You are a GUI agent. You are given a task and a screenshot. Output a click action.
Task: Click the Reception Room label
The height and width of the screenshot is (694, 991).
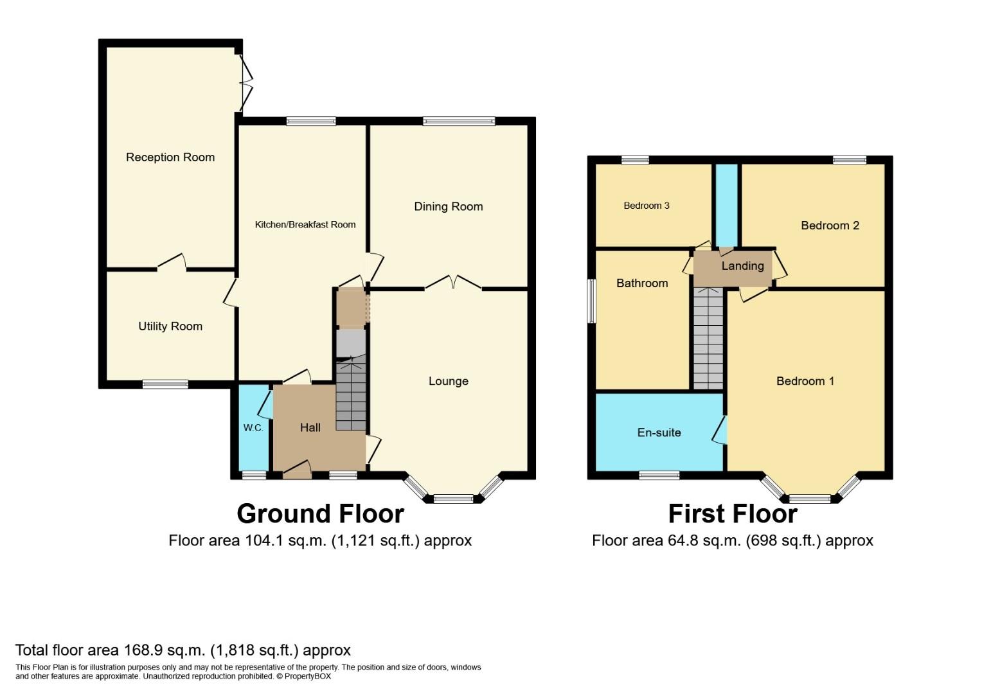coord(170,157)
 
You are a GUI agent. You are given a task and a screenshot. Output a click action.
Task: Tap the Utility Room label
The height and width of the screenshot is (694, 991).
coord(170,326)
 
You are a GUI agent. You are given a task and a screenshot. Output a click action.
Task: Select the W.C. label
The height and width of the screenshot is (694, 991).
coord(253,428)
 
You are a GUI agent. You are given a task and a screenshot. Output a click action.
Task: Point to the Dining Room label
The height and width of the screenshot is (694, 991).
coord(448,206)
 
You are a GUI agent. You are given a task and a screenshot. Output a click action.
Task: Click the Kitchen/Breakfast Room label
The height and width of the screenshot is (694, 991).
coord(305,225)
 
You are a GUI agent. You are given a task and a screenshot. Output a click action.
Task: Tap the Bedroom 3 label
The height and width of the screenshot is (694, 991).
coord(647,206)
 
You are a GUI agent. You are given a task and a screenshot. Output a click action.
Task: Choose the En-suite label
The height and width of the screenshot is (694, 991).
coord(659,432)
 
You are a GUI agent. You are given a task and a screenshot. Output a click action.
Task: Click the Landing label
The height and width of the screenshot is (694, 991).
coord(743,266)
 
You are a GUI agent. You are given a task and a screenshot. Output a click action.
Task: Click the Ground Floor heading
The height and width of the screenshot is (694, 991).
coord(320,514)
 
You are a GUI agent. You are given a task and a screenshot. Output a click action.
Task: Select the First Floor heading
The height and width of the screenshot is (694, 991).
coord(733,514)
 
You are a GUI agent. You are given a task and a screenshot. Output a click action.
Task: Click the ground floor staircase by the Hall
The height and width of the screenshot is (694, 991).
coord(352,394)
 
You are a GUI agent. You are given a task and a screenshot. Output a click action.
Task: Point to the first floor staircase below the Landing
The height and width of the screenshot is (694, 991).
coord(708,339)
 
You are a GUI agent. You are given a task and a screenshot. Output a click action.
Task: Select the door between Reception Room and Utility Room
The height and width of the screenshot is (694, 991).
coord(172,262)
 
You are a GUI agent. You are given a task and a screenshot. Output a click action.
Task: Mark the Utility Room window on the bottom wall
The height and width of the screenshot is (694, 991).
coord(165,384)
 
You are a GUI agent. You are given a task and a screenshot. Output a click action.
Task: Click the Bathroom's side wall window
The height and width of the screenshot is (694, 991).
coord(591,301)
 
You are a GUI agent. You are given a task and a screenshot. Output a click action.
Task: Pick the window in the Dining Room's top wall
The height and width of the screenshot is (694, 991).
coord(459,121)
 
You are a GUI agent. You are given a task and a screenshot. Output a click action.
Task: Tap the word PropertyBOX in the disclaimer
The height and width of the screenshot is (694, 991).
coord(307,676)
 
